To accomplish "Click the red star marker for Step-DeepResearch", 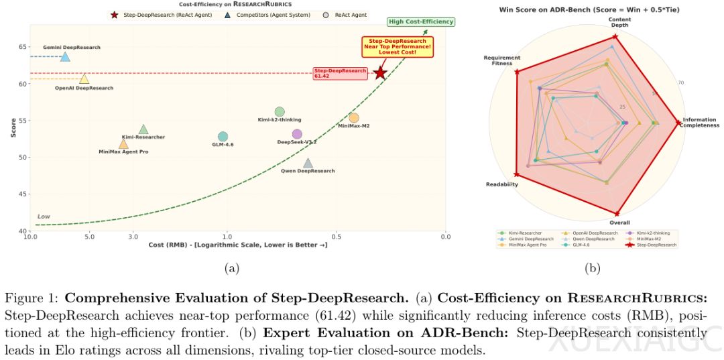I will (380, 72).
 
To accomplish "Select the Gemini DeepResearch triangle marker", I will (65, 56).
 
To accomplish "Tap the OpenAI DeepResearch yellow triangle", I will (84, 78).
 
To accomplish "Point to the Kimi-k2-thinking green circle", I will (280, 111).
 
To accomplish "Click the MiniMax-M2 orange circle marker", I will (354, 118).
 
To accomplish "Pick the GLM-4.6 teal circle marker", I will (223, 137).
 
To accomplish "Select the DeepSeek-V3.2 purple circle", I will (297, 134).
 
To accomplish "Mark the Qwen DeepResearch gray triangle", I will (308, 163).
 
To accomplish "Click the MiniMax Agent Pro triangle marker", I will (123, 143).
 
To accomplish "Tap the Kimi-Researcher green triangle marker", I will (143, 129).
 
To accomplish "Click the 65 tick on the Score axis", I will (22, 47).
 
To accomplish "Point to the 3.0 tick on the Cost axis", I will (133, 237).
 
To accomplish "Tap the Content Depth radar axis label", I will (619, 22).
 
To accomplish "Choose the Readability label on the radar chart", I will (501, 184).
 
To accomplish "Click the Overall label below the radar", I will (619, 222).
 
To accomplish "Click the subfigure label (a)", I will (231, 268).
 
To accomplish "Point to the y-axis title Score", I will (13, 128).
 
